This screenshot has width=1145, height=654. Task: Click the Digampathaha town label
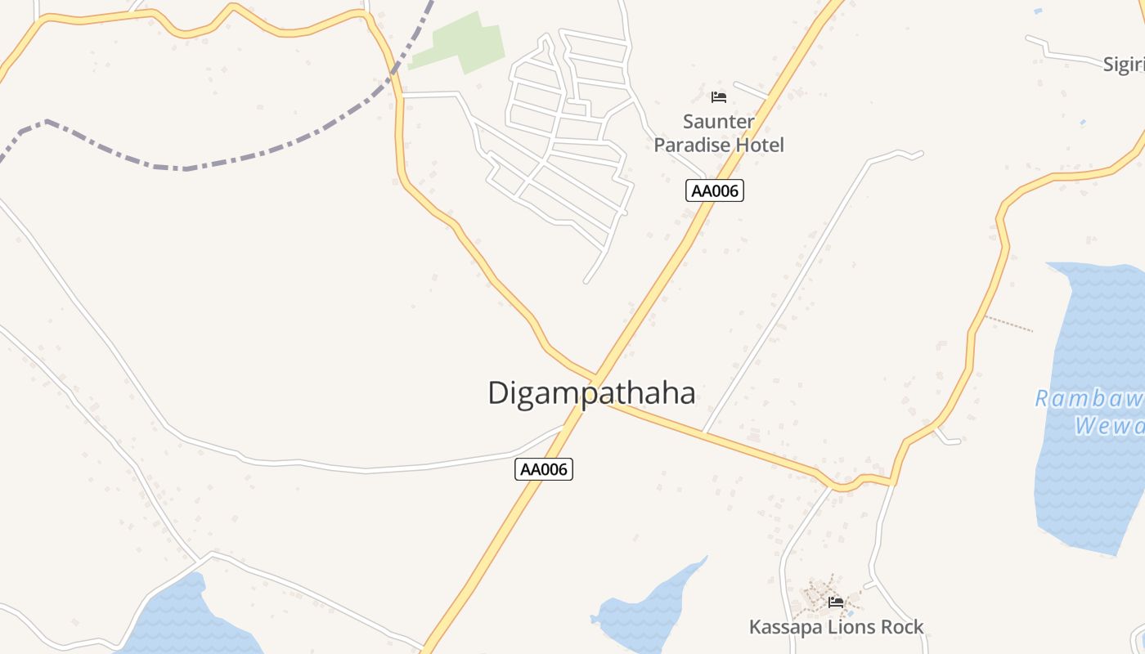tap(591, 393)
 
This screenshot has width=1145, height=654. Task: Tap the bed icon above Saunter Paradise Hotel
tap(719, 97)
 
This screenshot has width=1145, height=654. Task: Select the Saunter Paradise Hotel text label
tap(719, 133)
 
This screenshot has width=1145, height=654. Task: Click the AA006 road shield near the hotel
tap(714, 191)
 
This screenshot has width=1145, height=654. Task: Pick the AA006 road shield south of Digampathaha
tap(544, 469)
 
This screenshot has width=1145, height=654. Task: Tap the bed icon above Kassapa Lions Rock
tap(835, 602)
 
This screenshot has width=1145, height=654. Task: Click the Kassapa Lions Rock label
tap(836, 627)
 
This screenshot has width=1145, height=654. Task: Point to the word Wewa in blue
tap(1108, 426)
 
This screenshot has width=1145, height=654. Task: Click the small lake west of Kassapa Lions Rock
tap(646, 609)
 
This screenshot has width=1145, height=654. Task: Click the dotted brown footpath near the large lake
tap(1008, 323)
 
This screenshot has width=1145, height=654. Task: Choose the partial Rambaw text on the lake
tap(1089, 399)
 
